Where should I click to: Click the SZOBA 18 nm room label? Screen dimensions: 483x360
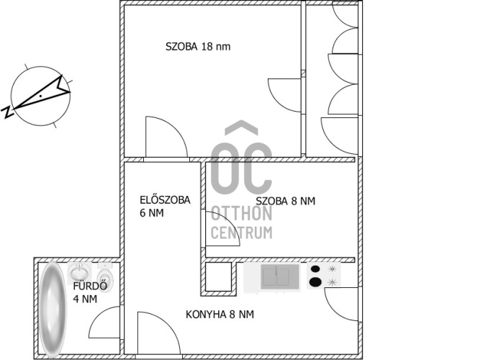click(198, 47)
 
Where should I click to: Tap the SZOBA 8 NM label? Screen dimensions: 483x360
click(286, 201)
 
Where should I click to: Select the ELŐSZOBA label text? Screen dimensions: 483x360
click(165, 200)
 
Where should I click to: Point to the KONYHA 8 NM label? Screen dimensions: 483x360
click(220, 315)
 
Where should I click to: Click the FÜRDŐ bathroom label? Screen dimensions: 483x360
click(90, 286)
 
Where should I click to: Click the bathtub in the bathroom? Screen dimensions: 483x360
click(53, 309)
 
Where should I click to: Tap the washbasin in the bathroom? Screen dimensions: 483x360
click(79, 271)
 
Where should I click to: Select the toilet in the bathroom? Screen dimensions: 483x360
click(105, 275)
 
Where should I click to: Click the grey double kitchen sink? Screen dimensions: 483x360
click(280, 276)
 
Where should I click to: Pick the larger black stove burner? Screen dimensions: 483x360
click(315, 282)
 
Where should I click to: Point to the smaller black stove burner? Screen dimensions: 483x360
click(315, 269)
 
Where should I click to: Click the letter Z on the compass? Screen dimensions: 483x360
click(7, 112)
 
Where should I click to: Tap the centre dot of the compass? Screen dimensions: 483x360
click(40, 96)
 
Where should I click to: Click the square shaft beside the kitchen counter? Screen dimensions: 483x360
click(218, 276)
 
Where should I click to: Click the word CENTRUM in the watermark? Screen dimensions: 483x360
click(242, 233)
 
